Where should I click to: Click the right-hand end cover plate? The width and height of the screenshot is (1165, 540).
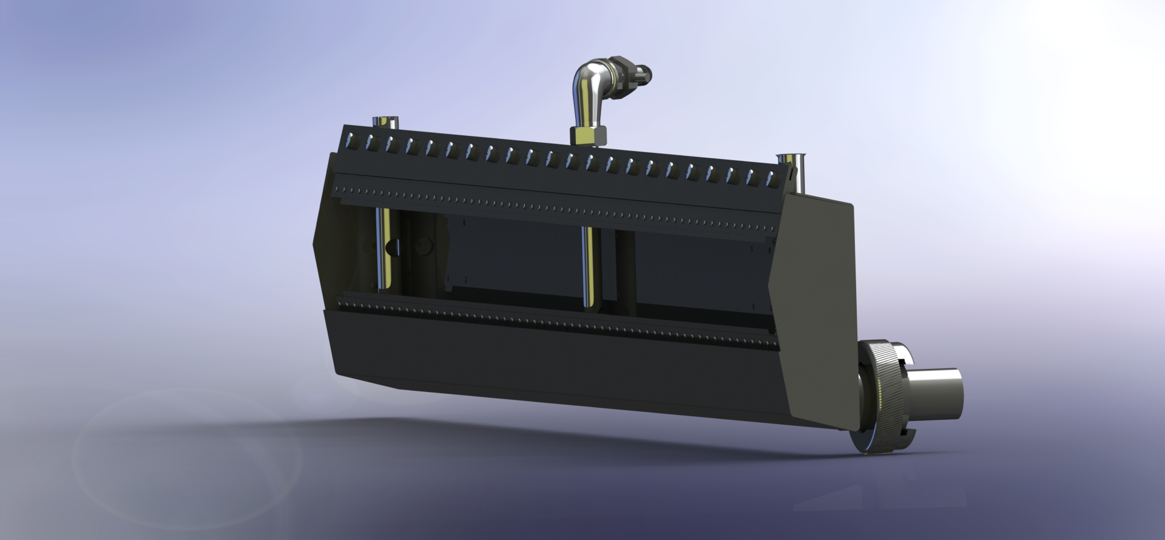point(813,303)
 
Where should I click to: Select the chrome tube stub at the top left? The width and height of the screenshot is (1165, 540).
point(385,122)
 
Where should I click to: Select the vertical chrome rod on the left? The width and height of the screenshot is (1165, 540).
point(384,249)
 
